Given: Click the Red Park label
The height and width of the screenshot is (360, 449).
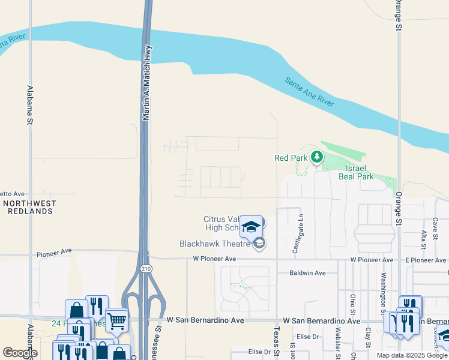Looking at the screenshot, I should (x=291, y=158).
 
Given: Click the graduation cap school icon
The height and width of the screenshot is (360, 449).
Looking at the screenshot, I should (x=251, y=226).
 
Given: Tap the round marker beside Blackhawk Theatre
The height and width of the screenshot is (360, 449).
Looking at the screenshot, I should (x=260, y=243).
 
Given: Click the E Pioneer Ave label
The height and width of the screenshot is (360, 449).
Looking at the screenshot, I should (x=427, y=260).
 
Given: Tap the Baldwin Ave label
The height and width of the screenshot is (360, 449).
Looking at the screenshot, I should (x=307, y=273).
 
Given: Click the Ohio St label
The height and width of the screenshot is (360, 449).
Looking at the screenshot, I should (x=353, y=304).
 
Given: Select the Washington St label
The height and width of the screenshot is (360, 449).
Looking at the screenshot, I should (x=382, y=293).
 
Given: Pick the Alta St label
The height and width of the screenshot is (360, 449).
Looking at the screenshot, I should (x=424, y=239).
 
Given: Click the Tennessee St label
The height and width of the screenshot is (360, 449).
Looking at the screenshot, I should (x=160, y=341).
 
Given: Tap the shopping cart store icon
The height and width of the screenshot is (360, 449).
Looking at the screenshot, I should (x=116, y=320).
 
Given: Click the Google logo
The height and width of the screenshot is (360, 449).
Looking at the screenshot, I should (x=20, y=353).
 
